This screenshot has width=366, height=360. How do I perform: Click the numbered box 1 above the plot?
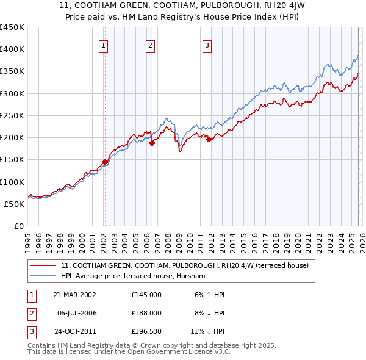point(104,45)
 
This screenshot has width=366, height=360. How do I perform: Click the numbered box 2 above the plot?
point(150,45)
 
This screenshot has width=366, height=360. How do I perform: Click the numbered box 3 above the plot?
point(207,45)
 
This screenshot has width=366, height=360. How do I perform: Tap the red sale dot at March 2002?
point(105,162)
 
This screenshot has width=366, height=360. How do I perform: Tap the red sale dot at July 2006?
point(152,143)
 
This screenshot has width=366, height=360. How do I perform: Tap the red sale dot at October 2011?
point(209,139)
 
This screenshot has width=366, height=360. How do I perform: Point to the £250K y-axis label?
point(12,115)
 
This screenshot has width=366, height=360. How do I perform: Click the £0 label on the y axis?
point(18,226)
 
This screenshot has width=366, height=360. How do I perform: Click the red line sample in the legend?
point(43,265)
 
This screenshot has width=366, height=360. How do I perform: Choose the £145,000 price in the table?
point(146,294)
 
